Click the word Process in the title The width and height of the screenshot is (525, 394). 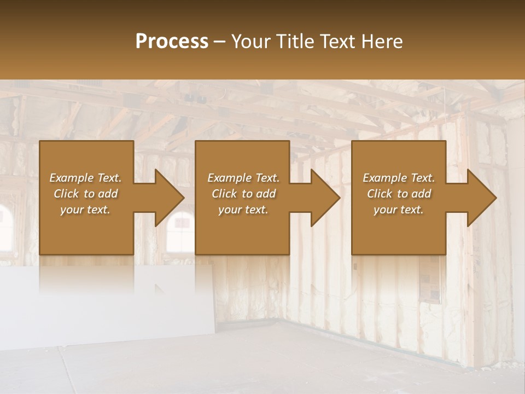point(172,42)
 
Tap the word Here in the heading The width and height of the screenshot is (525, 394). point(382,42)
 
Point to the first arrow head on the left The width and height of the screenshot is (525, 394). point(167,198)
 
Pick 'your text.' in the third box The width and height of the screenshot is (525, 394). point(399,210)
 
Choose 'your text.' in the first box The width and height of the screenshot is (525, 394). point(85,210)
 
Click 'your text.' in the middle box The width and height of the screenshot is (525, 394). point(243,210)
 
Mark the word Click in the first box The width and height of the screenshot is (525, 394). point(66,194)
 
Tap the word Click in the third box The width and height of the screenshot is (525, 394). point(380,194)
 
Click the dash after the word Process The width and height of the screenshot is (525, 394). point(220,42)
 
